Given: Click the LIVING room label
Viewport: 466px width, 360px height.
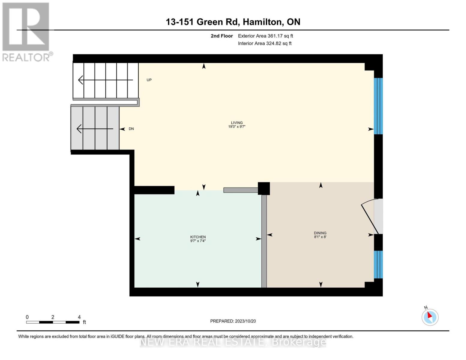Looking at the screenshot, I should click(x=237, y=124).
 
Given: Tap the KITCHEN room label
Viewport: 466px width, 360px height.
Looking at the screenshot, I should click(x=198, y=239).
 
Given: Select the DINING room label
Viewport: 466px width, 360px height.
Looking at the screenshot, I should click(x=320, y=235).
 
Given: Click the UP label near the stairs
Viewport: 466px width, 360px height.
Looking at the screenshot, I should click(x=149, y=80).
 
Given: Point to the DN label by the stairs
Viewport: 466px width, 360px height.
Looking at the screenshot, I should click(x=131, y=129).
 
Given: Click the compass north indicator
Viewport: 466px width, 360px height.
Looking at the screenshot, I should click(x=430, y=317).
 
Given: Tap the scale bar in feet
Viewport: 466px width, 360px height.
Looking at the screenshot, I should click(x=53, y=322).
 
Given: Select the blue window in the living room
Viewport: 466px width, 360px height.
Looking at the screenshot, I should click(x=378, y=106).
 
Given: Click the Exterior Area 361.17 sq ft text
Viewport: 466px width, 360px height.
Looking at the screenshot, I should click(x=265, y=36).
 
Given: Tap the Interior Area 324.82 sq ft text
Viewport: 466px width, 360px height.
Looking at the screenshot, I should click(x=265, y=43).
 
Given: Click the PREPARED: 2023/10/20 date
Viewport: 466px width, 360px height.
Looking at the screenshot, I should click(x=233, y=321).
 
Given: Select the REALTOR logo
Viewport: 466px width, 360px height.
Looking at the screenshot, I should click(x=26, y=31).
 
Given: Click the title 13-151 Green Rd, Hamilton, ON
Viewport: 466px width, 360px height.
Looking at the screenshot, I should click(x=233, y=22).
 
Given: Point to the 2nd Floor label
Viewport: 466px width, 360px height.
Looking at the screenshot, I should click(x=222, y=36).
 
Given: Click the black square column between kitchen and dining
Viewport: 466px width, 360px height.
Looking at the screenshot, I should click(x=264, y=188).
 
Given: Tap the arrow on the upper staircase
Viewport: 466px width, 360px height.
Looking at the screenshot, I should click(x=105, y=80).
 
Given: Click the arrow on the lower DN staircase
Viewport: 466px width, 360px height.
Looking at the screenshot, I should click(x=95, y=129).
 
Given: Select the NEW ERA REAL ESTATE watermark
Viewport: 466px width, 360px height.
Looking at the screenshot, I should click(x=233, y=342).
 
